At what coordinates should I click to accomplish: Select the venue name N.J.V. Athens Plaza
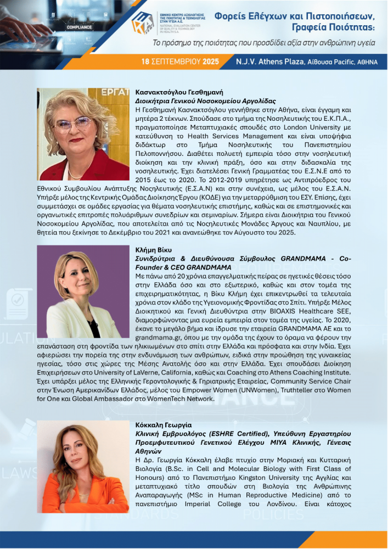[x=268, y=61]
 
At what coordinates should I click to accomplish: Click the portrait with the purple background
[x=83, y=292]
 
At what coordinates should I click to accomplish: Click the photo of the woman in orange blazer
[x=83, y=467]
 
